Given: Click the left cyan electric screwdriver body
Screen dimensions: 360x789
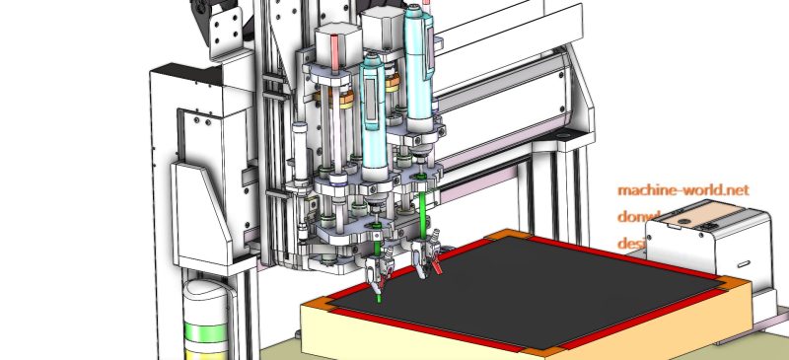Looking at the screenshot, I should [x=373, y=104].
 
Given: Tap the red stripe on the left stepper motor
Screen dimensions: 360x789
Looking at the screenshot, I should [x=335, y=48].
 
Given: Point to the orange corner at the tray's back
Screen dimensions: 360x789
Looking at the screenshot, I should [x=495, y=236].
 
